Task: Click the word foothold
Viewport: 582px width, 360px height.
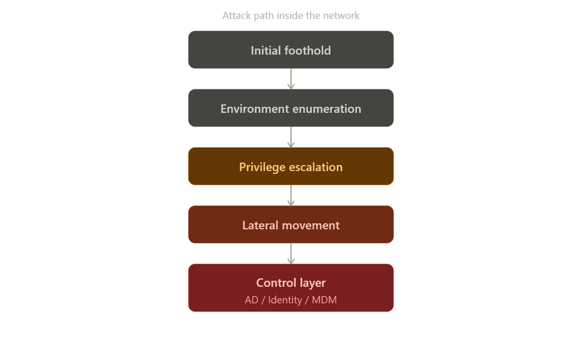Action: [x=308, y=51]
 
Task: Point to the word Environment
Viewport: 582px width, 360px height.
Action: [x=255, y=109]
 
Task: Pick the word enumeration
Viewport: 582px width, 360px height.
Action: [x=327, y=109]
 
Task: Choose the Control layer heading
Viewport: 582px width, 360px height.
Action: [x=291, y=283]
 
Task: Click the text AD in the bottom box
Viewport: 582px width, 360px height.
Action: [x=251, y=300]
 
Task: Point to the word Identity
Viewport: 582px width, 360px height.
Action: [x=285, y=300]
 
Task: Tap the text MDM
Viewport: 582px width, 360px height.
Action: [x=324, y=300]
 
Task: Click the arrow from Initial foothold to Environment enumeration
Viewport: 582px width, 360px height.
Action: [x=291, y=79]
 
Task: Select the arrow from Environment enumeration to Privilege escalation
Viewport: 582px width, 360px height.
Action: [x=291, y=137]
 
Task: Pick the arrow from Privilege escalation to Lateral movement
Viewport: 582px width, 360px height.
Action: [x=291, y=195]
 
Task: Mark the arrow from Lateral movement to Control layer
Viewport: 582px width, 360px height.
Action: [x=291, y=254]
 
